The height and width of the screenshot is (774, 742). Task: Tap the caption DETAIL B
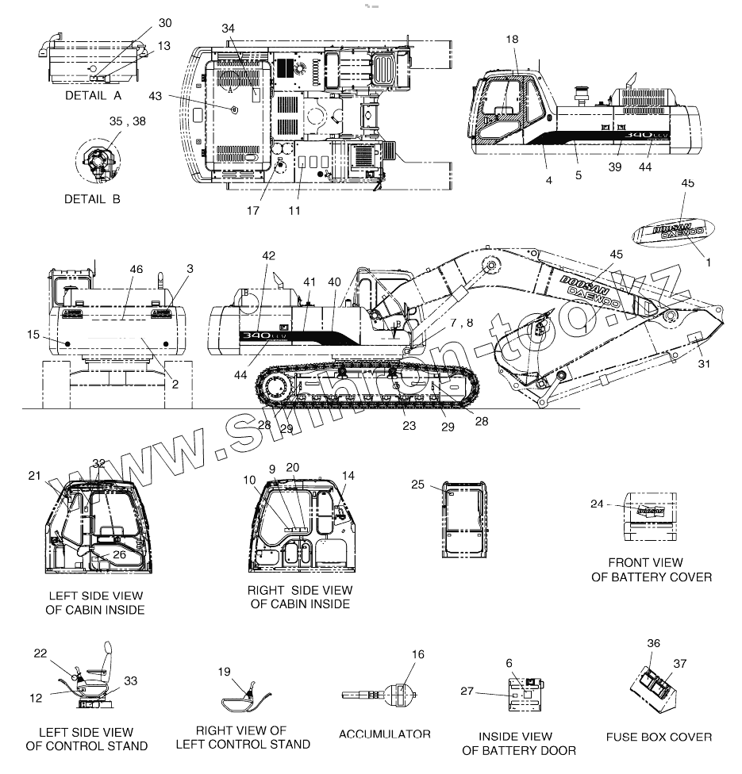pos(92,199)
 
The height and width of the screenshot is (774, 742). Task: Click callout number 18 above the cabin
pos(512,40)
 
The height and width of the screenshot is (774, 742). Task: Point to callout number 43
pos(155,96)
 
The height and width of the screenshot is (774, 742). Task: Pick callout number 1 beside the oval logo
pos(709,262)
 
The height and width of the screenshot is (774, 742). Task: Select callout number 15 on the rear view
pos(33,335)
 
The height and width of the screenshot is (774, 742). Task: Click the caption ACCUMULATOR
pos(385,734)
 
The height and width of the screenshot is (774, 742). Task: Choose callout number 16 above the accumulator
pos(418,654)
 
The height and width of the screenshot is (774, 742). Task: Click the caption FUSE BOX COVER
pos(659,737)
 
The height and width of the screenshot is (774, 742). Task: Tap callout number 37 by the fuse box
pos(680,663)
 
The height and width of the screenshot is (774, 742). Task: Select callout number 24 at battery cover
pos(598,504)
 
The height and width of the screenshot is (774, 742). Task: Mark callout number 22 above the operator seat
pos(40,653)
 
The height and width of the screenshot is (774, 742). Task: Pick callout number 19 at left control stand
pos(224,671)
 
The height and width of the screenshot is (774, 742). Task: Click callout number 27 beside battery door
pos(467,692)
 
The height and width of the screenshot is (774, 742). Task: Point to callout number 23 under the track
pos(409,426)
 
